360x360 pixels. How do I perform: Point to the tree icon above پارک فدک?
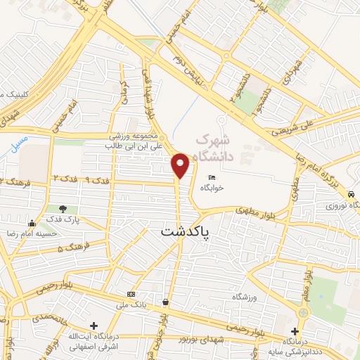(x=64, y=208)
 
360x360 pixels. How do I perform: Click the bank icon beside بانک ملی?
(x=131, y=293)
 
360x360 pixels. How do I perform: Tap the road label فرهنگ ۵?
(x=70, y=248)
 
